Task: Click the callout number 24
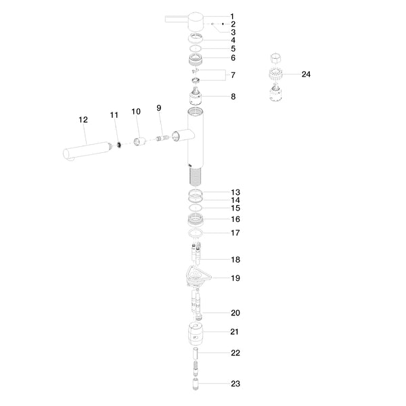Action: [x=306, y=74]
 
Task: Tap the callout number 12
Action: [x=83, y=120]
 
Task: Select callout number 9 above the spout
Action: [x=159, y=108]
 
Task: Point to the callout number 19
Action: [x=235, y=278]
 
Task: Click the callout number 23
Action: [x=235, y=384]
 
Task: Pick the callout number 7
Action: [x=233, y=75]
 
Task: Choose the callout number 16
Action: [x=235, y=219]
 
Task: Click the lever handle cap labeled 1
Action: [x=196, y=21]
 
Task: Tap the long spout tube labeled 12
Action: [x=85, y=150]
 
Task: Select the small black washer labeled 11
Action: [x=119, y=145]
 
